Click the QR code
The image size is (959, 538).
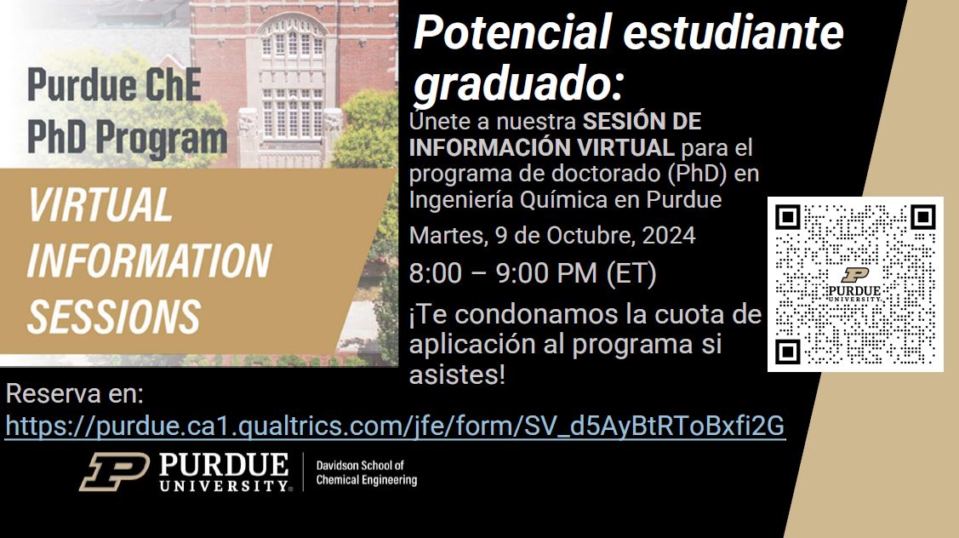855,284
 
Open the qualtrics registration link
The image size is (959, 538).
395,426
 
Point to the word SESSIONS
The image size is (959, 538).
114,317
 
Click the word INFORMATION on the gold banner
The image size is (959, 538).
149,260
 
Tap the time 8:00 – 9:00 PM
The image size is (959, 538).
504,273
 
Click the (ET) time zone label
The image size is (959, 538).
631,273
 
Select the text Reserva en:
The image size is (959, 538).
75,394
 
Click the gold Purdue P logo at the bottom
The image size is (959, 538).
114,472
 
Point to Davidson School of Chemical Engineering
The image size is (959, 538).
367,473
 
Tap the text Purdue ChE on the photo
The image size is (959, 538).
114,84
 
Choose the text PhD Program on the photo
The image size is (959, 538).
128,137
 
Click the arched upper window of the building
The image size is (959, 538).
292,38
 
